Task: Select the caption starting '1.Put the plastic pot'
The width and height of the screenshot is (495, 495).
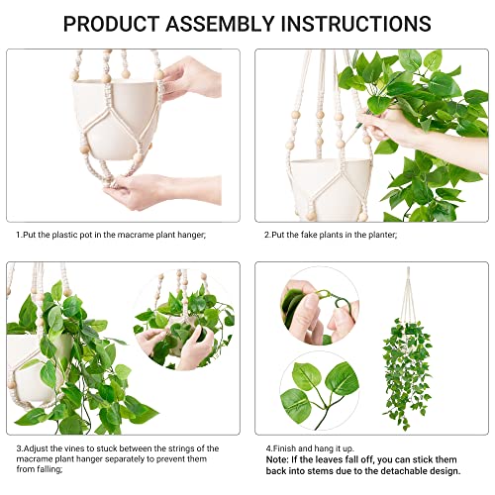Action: click(112, 234)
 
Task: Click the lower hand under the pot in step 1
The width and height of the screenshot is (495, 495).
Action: click(139, 190)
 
